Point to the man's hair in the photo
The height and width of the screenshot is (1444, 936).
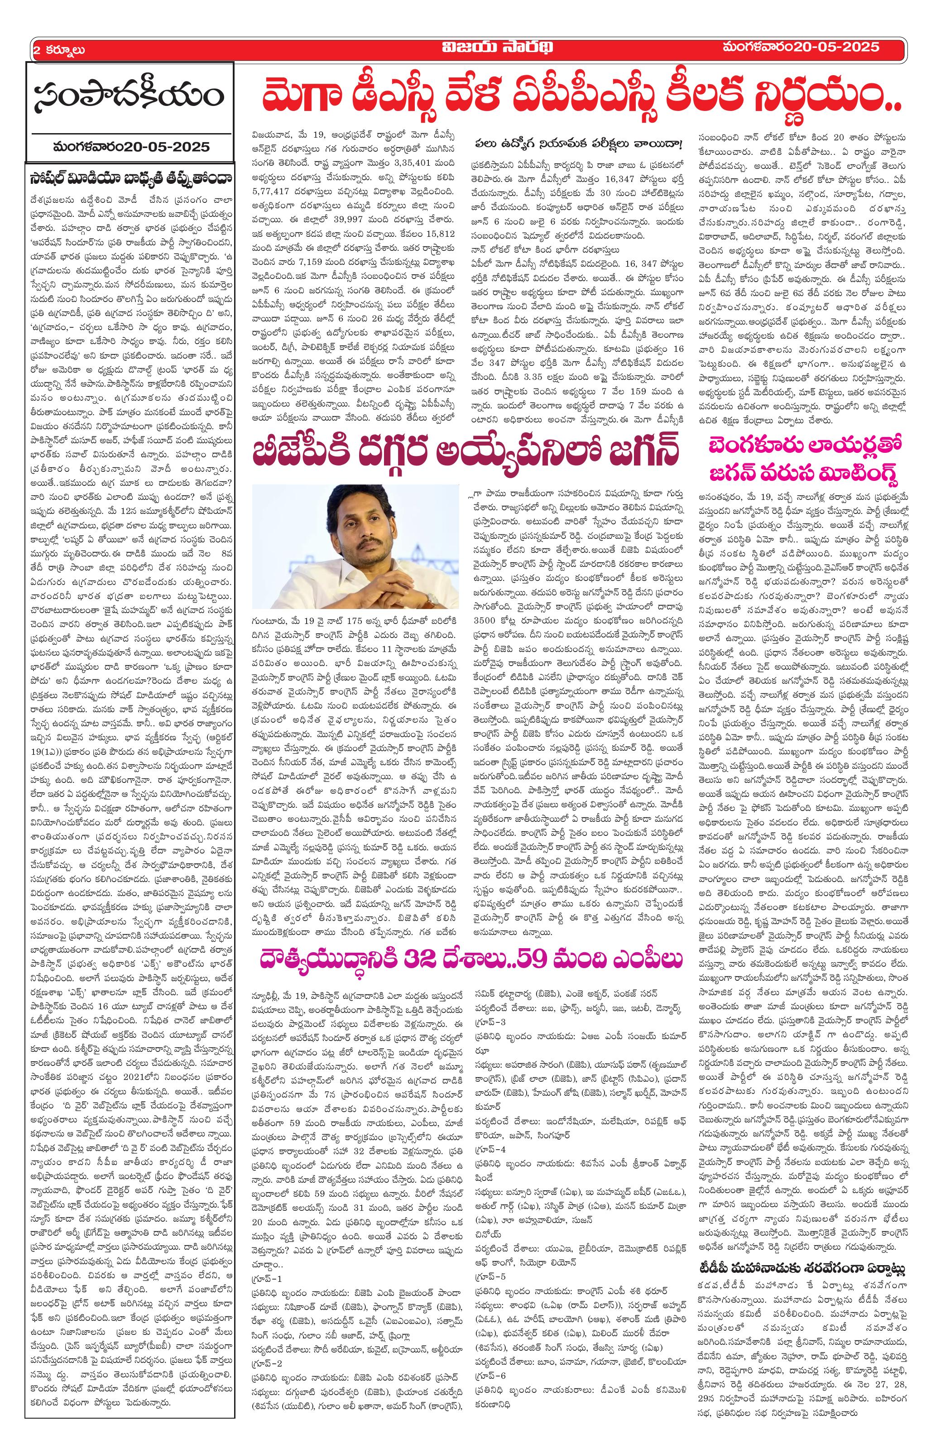(x=364, y=507)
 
